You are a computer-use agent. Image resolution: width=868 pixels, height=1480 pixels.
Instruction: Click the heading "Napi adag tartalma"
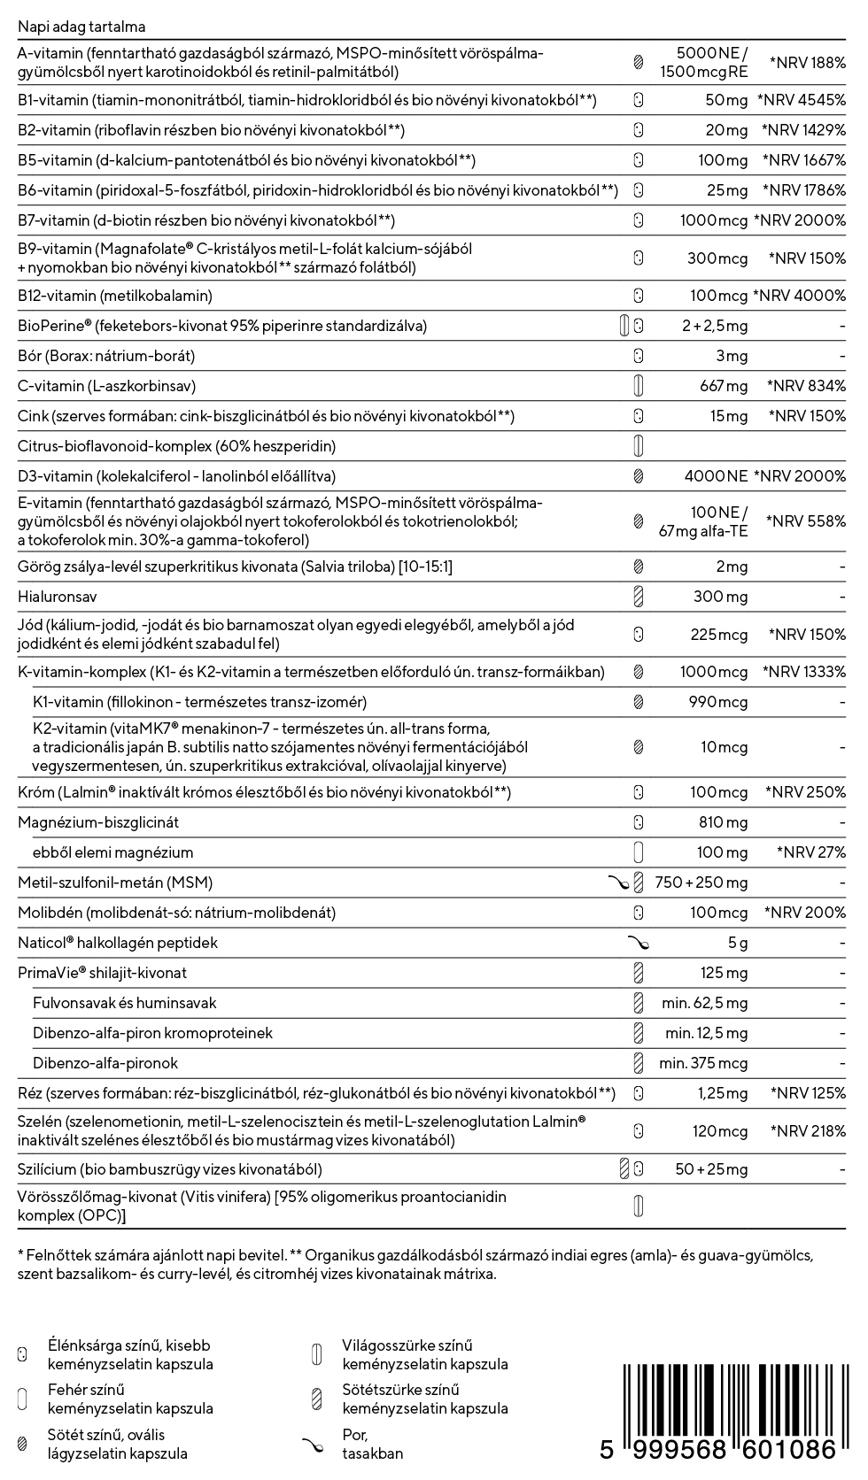point(81,27)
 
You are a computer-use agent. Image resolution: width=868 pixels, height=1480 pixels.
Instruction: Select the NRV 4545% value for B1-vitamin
point(802,100)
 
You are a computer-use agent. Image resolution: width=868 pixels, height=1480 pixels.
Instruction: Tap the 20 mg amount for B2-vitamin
point(726,130)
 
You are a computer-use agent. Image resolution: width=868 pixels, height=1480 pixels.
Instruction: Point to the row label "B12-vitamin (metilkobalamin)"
point(115,296)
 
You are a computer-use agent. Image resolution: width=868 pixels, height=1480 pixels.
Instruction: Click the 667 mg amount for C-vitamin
point(724,386)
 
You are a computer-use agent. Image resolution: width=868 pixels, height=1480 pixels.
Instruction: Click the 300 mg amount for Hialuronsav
point(720,597)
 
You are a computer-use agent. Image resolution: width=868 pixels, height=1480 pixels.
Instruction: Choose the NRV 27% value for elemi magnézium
point(810,852)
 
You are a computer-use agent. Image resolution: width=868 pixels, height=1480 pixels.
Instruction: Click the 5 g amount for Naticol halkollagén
point(738,943)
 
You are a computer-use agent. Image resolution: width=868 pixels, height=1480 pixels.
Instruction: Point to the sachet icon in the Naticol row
point(638,943)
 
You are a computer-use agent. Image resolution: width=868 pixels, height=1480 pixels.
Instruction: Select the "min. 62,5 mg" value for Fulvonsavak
point(704,1003)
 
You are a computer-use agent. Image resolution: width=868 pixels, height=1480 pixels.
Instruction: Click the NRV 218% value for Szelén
point(807,1131)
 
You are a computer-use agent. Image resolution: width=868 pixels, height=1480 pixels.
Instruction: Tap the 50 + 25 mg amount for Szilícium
point(711,1169)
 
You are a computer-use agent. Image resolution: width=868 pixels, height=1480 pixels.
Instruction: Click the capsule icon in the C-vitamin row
point(638,386)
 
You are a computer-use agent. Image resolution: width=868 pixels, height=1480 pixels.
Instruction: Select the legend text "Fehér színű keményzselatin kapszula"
point(130,1399)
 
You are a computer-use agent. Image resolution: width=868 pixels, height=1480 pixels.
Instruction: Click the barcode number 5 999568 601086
point(718,1450)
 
